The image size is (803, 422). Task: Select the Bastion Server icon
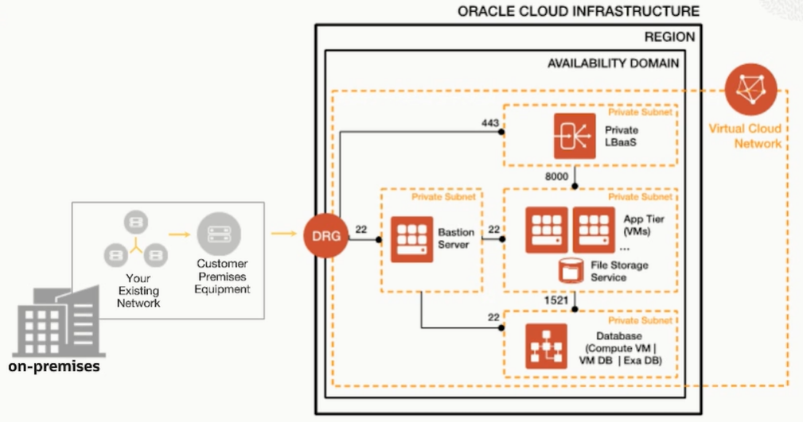pyautogui.click(x=411, y=238)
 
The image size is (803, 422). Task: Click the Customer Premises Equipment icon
pyautogui.click(x=219, y=233)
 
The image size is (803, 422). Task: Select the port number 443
pyautogui.click(x=490, y=123)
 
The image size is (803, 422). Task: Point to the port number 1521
pyautogui.click(x=555, y=300)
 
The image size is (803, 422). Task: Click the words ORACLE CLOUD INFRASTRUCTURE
pyautogui.click(x=579, y=11)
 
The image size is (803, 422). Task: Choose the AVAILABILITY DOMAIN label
pyautogui.click(x=614, y=63)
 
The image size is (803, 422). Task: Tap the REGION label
pyautogui.click(x=669, y=37)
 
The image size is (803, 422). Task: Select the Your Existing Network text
pyautogui.click(x=138, y=291)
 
